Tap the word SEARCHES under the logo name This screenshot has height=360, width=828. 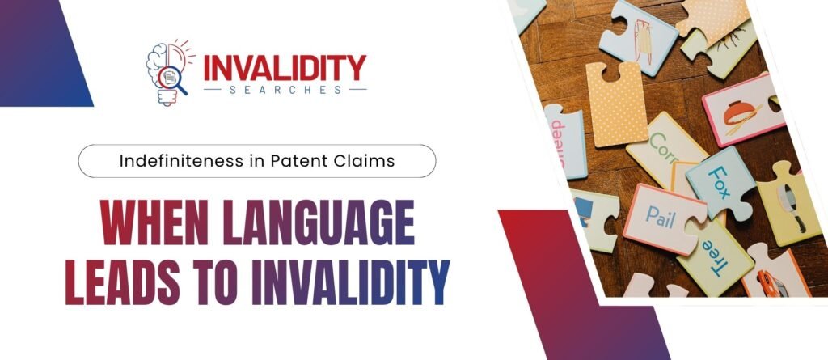285,89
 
